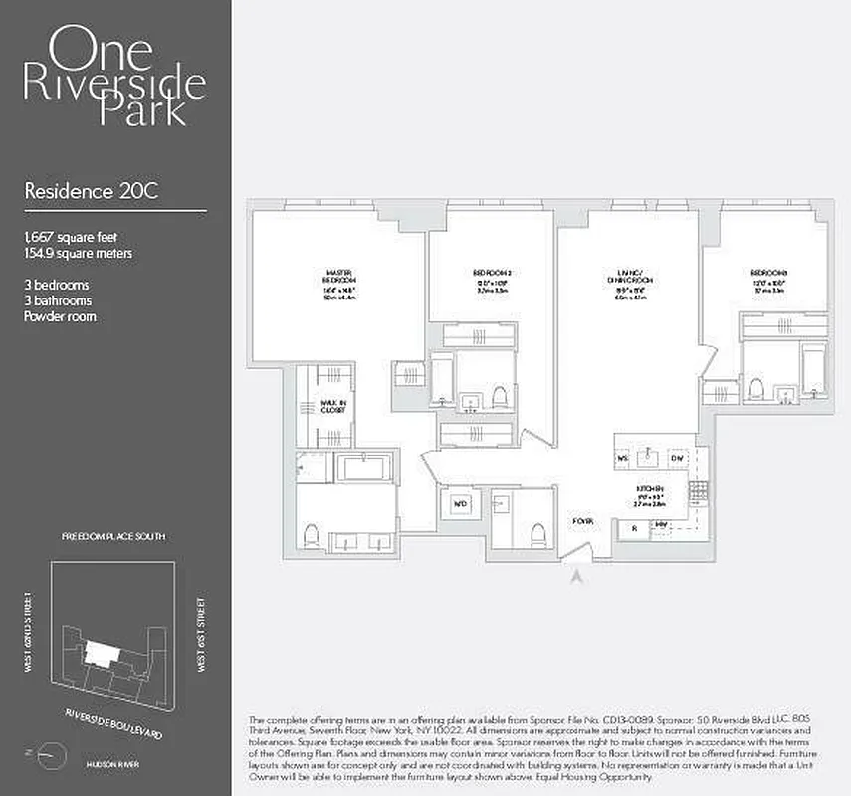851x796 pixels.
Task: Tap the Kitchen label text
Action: [x=651, y=489]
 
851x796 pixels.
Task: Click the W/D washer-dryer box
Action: [x=460, y=503]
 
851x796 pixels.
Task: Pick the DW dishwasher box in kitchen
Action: [x=677, y=458]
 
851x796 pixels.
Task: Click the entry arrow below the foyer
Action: [x=576, y=572]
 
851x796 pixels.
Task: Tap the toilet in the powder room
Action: [x=538, y=534]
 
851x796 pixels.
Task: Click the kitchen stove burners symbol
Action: [x=699, y=489]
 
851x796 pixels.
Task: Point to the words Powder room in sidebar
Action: [x=60, y=316]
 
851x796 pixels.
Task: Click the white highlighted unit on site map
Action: [x=101, y=652]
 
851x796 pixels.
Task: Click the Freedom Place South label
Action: [x=113, y=536]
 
